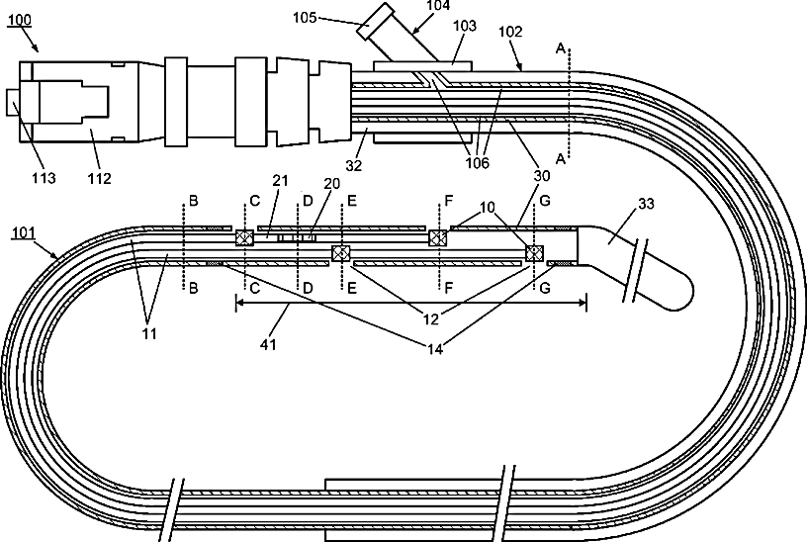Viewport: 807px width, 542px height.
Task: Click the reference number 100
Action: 19,19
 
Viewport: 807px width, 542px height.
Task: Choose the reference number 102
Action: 511,31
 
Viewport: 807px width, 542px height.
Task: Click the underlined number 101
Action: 26,234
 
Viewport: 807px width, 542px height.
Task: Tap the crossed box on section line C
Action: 241,237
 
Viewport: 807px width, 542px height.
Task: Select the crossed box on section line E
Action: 341,253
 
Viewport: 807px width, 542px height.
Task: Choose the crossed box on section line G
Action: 534,253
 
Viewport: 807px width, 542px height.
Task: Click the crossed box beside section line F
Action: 436,237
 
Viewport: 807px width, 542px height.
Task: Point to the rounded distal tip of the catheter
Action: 682,290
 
